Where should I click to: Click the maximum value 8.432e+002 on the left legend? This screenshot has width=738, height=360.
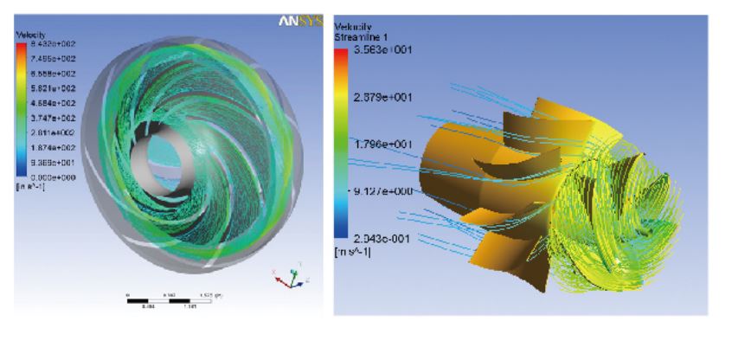click(x=47, y=43)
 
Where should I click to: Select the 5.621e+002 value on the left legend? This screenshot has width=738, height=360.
click(x=47, y=87)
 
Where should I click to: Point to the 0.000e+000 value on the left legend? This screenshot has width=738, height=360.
click(x=47, y=177)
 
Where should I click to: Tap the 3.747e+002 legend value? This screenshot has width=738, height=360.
click(x=47, y=118)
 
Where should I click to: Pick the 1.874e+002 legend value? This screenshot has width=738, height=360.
click(x=47, y=147)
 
